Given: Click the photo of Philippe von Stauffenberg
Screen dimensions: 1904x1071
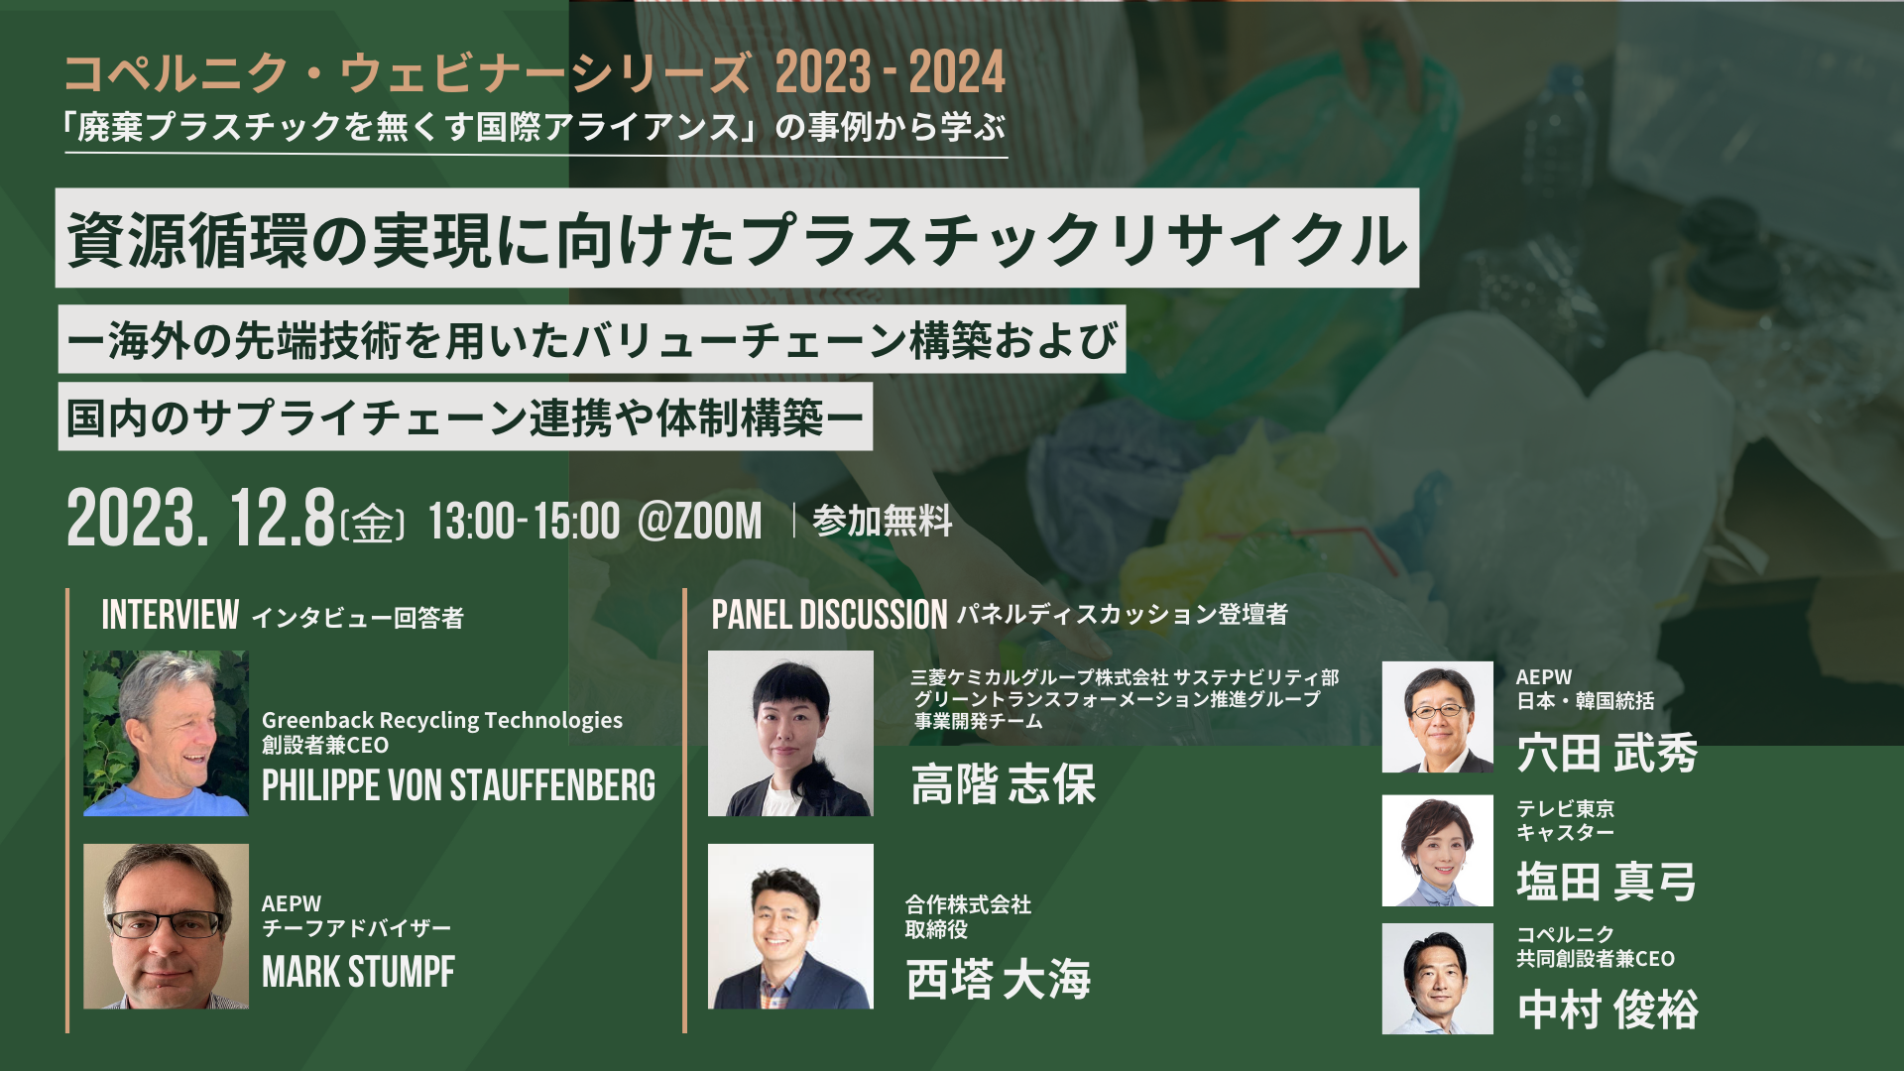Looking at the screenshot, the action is [x=166, y=733].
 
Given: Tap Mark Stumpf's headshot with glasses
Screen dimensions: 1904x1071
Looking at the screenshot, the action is [x=166, y=926].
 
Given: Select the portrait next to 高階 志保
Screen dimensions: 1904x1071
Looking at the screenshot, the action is [x=790, y=733].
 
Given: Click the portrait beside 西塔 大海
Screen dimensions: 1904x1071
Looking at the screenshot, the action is [x=790, y=926].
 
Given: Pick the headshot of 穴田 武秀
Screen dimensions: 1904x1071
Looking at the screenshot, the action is [x=1437, y=717].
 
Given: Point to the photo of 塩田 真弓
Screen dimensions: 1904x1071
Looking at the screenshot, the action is [x=1437, y=850].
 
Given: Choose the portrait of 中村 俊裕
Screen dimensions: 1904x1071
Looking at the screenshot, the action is [x=1437, y=979].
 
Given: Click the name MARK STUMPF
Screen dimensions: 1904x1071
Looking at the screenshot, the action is [x=358, y=972].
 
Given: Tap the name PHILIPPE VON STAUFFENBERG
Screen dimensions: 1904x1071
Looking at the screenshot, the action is [x=458, y=785].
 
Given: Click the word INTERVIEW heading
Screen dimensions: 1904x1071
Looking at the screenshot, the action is [x=171, y=615].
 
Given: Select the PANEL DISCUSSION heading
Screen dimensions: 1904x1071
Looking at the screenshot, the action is [x=829, y=615].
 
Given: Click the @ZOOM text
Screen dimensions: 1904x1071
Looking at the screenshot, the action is [x=700, y=522].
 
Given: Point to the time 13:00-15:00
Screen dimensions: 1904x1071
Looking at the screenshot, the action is [x=525, y=522].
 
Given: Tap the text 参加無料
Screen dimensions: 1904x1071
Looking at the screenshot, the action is [x=882, y=521].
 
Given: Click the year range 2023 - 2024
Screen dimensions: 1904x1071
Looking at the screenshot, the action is [x=891, y=72].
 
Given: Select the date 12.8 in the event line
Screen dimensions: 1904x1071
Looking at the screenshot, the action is [x=283, y=518].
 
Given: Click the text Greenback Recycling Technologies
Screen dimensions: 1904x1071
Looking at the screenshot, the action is [x=442, y=720].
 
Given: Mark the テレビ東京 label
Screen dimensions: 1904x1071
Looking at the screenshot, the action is [x=1565, y=809].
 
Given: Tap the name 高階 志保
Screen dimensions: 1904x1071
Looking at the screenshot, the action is [x=1004, y=784].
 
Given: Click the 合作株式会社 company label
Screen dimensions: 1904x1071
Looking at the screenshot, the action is [x=968, y=904].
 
